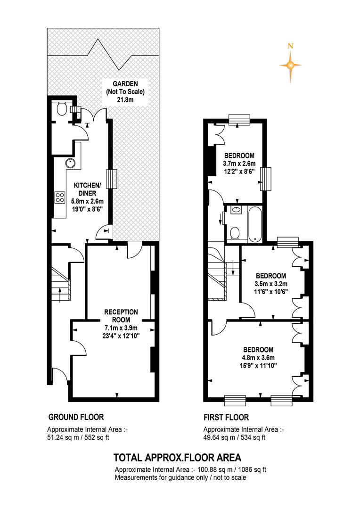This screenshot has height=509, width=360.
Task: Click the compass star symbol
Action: (291, 65)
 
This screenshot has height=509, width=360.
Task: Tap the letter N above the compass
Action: (291, 46)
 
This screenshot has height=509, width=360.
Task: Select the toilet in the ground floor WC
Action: (61, 109)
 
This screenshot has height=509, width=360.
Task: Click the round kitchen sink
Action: (70, 164)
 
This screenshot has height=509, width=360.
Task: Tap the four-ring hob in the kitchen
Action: (60, 197)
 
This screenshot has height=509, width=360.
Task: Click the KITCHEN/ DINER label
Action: (85, 189)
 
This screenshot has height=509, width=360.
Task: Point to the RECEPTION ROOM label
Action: (121, 315)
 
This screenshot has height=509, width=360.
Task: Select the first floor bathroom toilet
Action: (235, 233)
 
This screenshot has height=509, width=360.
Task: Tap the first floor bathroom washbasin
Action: (236, 211)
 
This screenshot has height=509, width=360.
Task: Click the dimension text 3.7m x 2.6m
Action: (239, 164)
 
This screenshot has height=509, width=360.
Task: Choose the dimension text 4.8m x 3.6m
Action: (258, 358)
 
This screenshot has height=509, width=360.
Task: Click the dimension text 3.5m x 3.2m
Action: (270, 284)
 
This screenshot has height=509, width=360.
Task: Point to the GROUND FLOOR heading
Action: (76, 417)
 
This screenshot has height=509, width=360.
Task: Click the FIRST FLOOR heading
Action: (226, 417)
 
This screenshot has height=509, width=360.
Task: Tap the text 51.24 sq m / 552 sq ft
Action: (79, 437)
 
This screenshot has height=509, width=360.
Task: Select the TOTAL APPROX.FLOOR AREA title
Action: (177, 457)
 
